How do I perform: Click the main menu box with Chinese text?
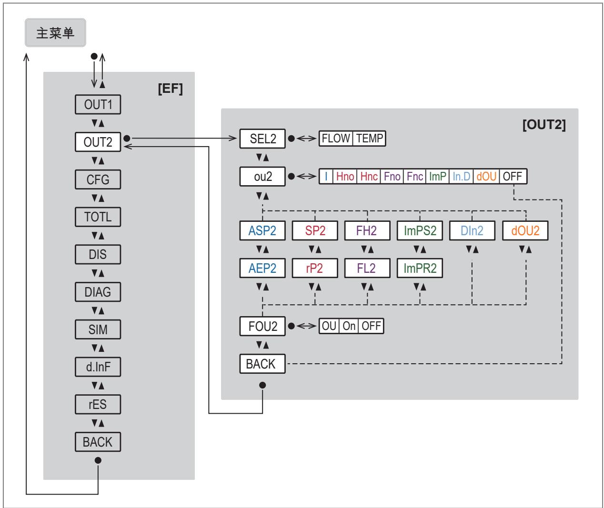(55, 33)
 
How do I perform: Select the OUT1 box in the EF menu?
(98, 104)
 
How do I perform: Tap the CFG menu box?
(98, 179)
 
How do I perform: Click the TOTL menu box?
(98, 217)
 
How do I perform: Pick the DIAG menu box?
(98, 292)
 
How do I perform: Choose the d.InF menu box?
(98, 367)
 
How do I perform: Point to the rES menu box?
(98, 404)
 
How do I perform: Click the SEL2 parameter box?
(262, 139)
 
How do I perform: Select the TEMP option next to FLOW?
(369, 139)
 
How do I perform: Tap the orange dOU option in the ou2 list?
(486, 176)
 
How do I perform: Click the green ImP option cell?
(437, 176)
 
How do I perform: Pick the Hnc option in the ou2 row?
(369, 176)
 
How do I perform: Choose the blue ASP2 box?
(262, 231)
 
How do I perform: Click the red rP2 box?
(315, 269)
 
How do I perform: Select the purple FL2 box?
(367, 269)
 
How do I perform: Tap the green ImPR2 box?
(420, 269)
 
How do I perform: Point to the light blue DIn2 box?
(472, 231)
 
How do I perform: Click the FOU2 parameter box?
(262, 327)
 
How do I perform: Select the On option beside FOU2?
(349, 326)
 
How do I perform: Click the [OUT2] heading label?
(544, 125)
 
